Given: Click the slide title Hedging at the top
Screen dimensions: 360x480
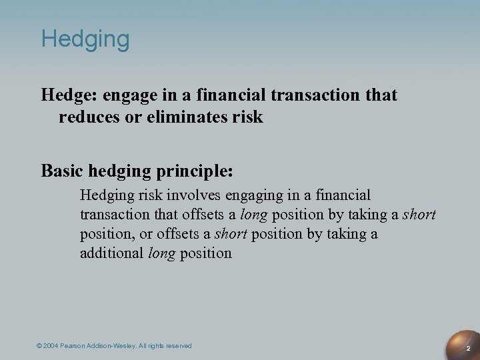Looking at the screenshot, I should pos(85,39).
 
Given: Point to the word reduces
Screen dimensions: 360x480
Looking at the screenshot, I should pos(86,117).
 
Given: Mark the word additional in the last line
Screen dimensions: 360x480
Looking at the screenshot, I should pos(111,253).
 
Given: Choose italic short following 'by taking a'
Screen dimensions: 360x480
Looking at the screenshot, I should pos(419,215).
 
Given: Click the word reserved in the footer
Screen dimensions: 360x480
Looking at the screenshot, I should pos(179,346).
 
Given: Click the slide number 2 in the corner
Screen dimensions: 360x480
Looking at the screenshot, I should pos(469,349).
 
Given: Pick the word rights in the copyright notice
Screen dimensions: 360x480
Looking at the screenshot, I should pos(157,346).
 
